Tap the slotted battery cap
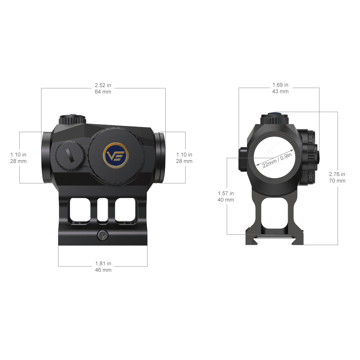click(x=70, y=157)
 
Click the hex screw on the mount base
click(x=103, y=235)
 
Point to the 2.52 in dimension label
click(x=103, y=85)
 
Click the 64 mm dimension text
click(x=103, y=92)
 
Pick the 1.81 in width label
click(x=103, y=263)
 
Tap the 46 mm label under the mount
click(x=103, y=270)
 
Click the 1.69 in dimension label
click(x=280, y=85)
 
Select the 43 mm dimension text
click(x=280, y=91)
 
